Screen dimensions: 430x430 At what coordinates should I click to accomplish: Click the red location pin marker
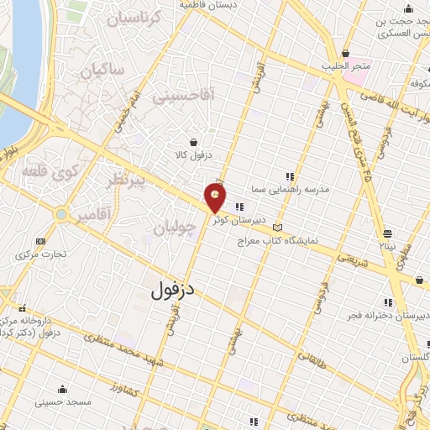point(216,197)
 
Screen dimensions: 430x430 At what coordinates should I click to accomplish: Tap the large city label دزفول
point(173,290)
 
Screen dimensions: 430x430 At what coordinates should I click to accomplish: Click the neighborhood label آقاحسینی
point(183,96)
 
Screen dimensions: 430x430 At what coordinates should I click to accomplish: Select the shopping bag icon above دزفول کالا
point(194,142)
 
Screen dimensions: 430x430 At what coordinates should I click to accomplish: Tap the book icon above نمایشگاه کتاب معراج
point(278,227)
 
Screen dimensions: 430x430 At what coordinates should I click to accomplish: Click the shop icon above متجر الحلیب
point(345,53)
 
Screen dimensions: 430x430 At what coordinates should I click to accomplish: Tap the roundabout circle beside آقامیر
point(60,214)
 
